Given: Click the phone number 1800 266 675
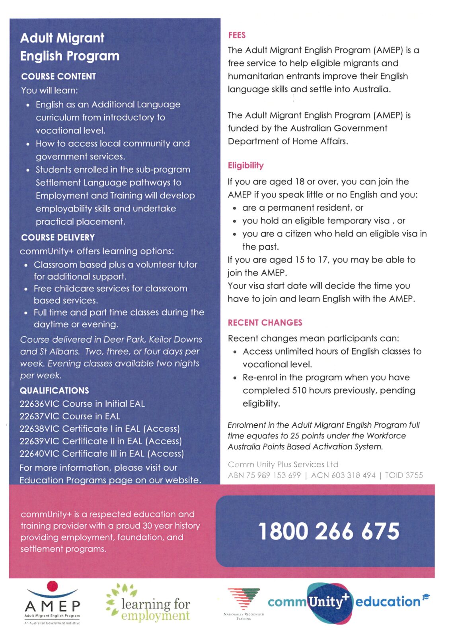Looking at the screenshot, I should (329, 531).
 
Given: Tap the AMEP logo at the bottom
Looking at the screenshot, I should (52, 603).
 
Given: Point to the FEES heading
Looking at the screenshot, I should (237, 35).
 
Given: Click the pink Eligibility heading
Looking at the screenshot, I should (245, 165).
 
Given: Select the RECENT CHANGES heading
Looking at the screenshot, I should (265, 322).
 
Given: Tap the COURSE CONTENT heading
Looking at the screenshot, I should (58, 76).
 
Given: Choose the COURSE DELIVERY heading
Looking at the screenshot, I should (58, 237).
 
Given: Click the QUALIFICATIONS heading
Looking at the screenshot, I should (55, 390).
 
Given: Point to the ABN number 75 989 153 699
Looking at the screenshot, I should (273, 475).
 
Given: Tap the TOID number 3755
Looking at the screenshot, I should (413, 475).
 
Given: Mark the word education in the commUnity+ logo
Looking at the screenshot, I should (388, 601).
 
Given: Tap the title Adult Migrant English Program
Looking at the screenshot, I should (70, 47).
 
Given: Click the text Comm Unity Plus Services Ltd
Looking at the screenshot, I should (283, 464).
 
